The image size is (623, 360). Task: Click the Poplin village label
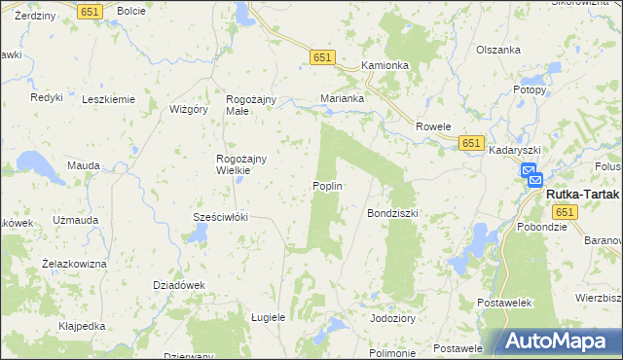327,186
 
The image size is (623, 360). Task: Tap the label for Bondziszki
391,212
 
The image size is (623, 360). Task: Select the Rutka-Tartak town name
581,194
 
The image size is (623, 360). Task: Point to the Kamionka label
385,65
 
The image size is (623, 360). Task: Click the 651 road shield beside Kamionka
323,58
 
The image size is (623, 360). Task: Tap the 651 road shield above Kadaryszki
471,142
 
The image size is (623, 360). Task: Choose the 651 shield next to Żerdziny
91,11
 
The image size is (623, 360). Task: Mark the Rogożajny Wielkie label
234,163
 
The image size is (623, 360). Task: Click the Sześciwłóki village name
221,217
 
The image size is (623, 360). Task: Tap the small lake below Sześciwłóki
198,234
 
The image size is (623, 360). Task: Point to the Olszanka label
498,50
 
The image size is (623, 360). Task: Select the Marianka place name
343,98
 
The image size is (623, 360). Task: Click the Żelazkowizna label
74,263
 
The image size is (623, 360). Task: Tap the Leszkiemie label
108,99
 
